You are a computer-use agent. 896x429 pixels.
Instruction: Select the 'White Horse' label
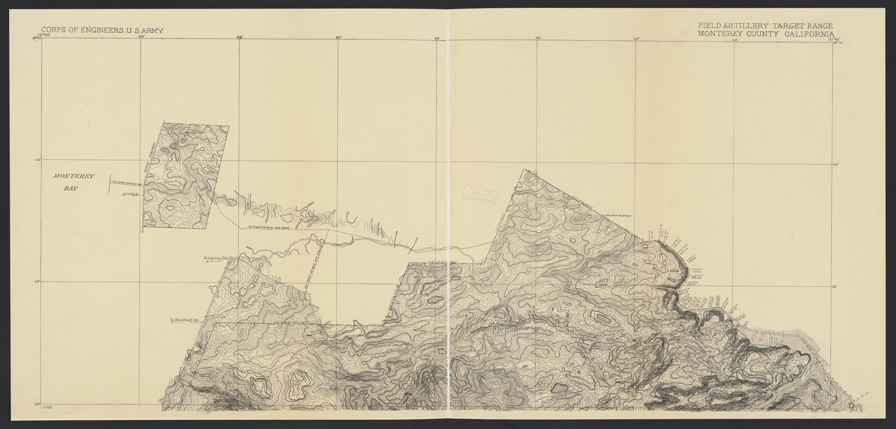427,277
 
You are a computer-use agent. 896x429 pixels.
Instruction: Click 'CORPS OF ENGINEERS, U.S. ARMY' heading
102,31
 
